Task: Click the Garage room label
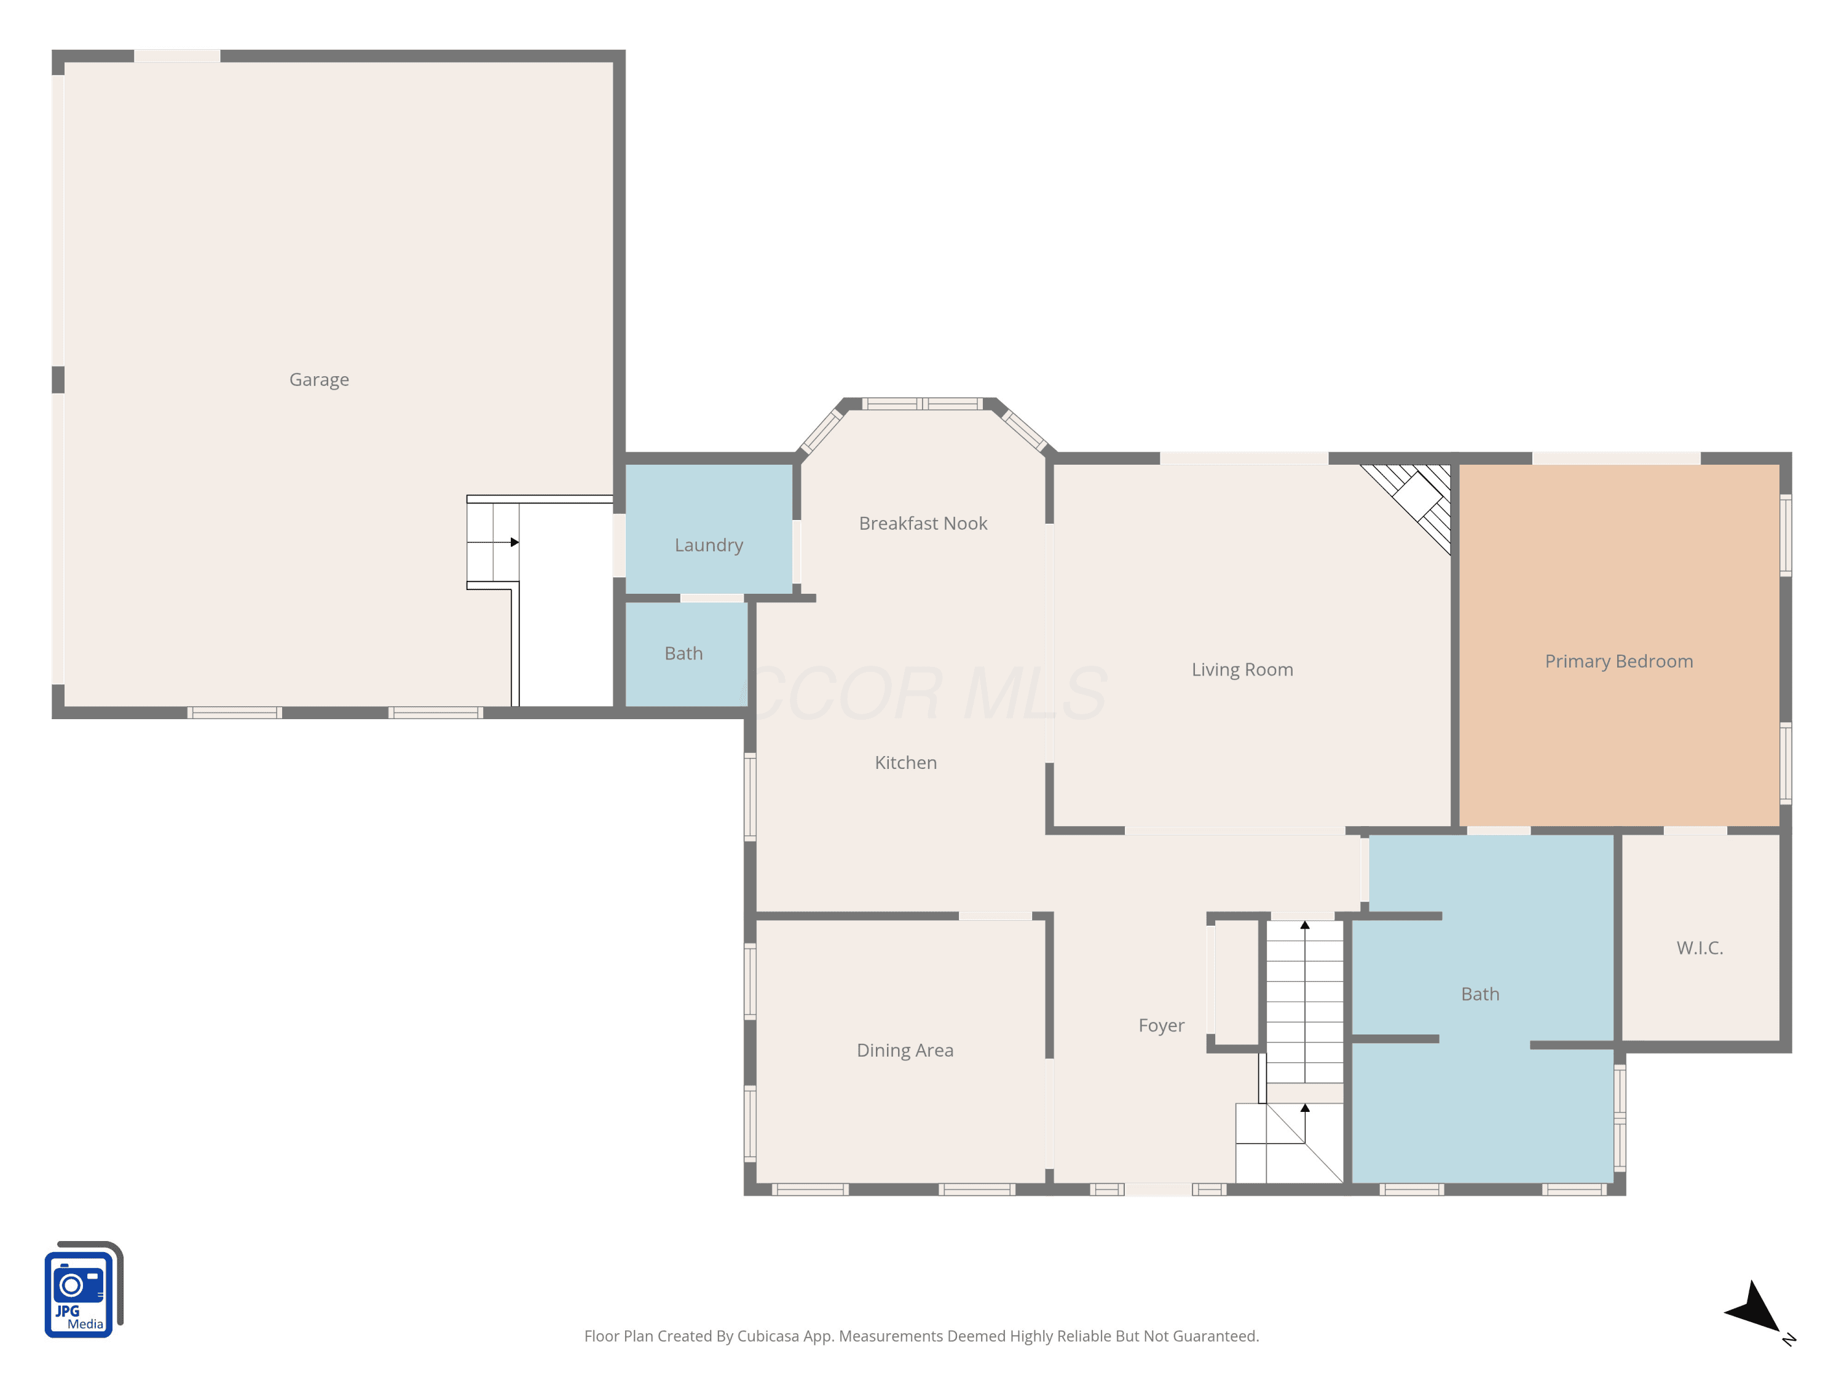pos(319,380)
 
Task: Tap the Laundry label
pos(709,545)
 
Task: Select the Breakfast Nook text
pos(923,524)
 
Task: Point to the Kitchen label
pos(905,763)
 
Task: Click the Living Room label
pos(1242,670)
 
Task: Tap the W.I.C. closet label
pos(1700,948)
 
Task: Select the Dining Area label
pos(905,1050)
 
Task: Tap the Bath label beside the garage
pos(684,653)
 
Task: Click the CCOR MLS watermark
pos(924,693)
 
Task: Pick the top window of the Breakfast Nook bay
pos(922,404)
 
